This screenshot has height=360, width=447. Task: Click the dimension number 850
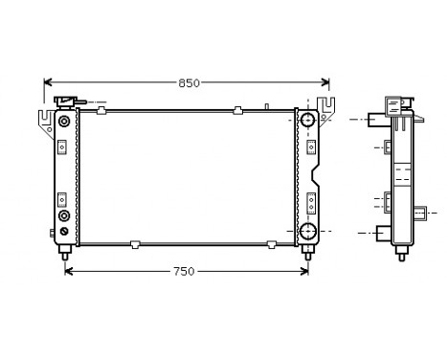click(189, 83)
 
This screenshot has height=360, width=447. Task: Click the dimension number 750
click(185, 272)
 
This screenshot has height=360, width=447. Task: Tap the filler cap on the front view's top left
click(66, 101)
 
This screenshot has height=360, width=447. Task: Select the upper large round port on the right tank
click(307, 122)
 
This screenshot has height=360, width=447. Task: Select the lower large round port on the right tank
click(307, 231)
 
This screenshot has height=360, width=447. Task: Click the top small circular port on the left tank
click(63, 122)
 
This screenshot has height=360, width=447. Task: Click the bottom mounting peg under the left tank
click(65, 252)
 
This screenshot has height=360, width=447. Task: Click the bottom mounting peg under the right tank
click(307, 252)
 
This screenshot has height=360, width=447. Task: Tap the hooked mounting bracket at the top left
click(45, 120)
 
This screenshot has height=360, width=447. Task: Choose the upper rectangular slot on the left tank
click(63, 146)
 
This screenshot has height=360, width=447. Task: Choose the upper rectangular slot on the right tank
click(311, 146)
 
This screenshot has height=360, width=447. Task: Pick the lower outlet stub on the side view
click(382, 232)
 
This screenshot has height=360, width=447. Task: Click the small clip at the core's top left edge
click(101, 111)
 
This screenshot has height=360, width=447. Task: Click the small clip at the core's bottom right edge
click(272, 244)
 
